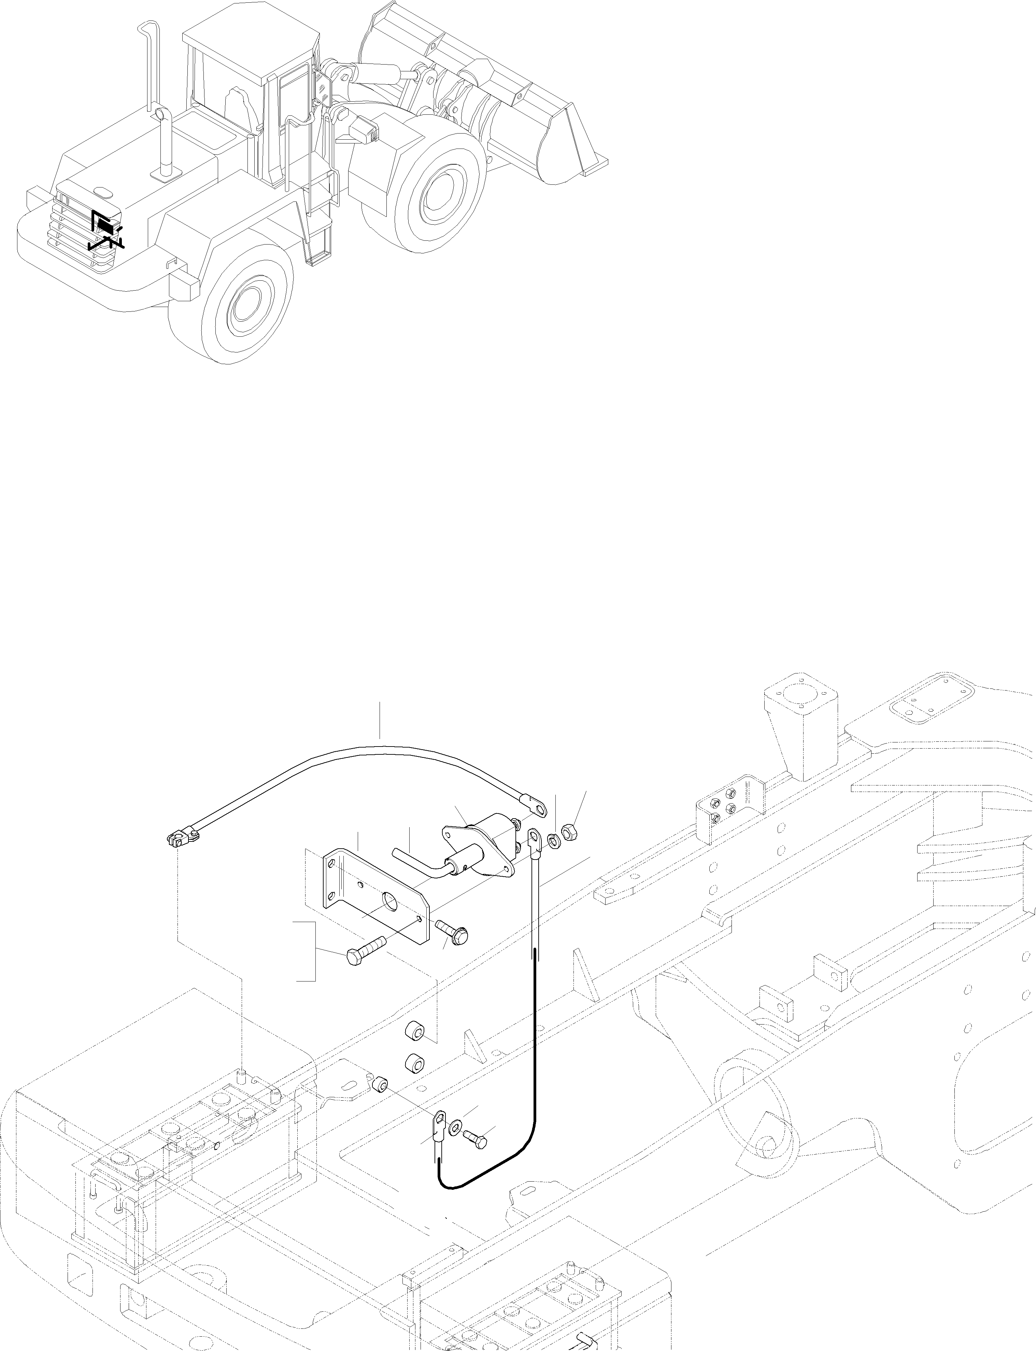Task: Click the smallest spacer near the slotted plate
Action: (x=381, y=1084)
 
